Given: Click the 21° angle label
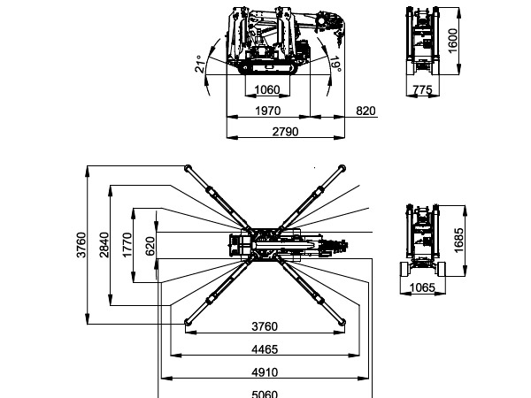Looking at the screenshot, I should click(201, 64).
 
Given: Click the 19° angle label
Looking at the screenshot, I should click(336, 65).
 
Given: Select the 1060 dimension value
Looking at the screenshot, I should click(267, 89).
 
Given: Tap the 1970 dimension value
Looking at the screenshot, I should click(267, 111).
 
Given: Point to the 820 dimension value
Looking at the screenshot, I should click(366, 111).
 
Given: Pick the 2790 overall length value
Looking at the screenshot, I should click(284, 132).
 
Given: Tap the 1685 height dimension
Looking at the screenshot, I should click(458, 239).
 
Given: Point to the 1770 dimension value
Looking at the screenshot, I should click(127, 245).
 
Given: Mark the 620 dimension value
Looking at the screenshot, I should click(150, 245).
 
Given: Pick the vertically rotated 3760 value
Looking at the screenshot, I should click(81, 245).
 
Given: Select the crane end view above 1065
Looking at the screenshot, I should click(426, 239).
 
